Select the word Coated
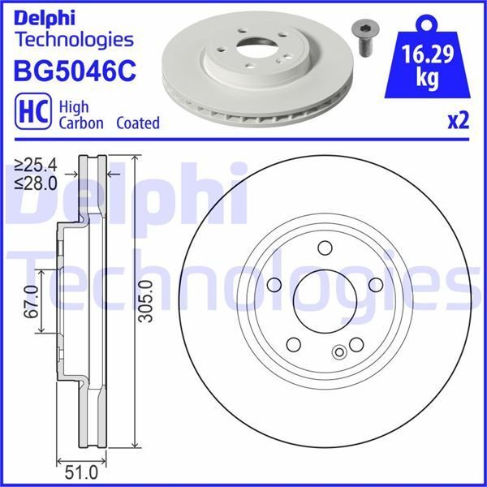(138, 123)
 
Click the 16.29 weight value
(429, 56)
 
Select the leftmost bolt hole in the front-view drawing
(274, 285)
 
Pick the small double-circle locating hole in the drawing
(339, 351)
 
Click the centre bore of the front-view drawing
(324, 301)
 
